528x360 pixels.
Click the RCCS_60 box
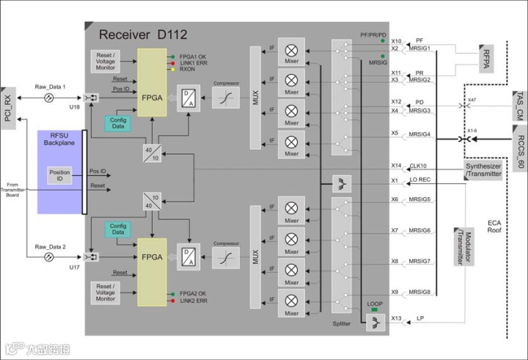point(518,150)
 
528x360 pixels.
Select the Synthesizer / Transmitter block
point(484,170)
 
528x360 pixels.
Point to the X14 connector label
point(396,166)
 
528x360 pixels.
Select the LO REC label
point(421,180)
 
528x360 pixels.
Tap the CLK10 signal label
point(418,166)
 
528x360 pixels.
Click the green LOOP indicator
point(375,309)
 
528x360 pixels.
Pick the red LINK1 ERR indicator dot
point(172,64)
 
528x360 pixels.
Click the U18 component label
point(74,108)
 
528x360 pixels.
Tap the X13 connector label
point(396,319)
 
